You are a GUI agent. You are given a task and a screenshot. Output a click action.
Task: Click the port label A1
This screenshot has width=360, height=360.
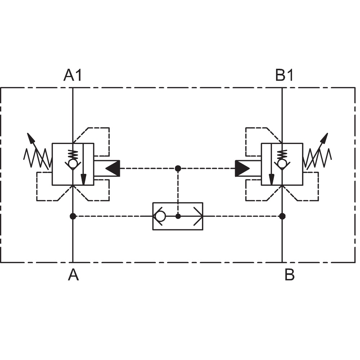point(73,75)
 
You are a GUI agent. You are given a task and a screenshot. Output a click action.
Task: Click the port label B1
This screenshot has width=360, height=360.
point(284,75)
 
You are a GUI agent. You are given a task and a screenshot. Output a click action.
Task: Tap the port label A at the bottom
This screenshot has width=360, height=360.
point(73,275)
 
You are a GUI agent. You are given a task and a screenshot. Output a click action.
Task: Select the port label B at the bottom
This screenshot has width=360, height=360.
point(289,275)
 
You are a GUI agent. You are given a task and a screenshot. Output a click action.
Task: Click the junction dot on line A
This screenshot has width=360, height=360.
point(73,216)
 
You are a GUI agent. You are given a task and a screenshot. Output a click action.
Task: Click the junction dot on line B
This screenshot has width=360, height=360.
point(282,216)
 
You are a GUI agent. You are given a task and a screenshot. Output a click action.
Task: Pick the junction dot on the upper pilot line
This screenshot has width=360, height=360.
point(178,168)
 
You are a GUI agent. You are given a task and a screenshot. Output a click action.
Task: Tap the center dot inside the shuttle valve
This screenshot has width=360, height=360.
point(178,216)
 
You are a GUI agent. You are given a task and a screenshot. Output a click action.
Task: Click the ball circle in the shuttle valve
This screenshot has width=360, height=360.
point(160,216)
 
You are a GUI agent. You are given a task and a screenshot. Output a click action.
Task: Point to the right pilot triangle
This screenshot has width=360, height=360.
point(242,168)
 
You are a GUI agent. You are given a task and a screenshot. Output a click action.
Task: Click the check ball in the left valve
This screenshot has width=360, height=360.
point(73,164)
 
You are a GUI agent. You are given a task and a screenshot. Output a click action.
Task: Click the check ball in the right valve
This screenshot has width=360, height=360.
point(282,164)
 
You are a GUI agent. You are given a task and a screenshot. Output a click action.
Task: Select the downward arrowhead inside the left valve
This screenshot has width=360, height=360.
point(84,179)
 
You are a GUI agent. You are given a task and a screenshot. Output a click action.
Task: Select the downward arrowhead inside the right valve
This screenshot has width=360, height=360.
point(271,179)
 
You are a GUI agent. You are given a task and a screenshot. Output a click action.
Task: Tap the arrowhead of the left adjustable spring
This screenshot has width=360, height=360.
point(31,138)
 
